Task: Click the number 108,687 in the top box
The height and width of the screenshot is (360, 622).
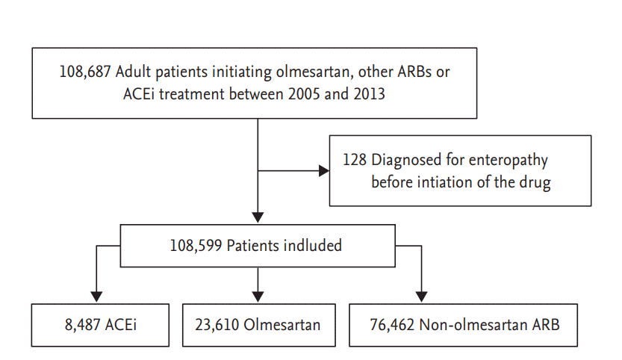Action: [x=85, y=72]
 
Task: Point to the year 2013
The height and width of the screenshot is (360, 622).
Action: [x=369, y=94]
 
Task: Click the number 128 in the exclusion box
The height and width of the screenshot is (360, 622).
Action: [x=355, y=160]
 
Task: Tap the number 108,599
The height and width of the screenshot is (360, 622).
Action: [x=196, y=246]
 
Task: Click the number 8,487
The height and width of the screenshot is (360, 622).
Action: [x=82, y=325]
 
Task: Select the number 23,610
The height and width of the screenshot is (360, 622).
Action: [x=217, y=325]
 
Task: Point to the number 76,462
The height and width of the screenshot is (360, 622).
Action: [x=392, y=325]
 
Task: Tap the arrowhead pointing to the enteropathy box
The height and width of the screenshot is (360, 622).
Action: [x=324, y=171]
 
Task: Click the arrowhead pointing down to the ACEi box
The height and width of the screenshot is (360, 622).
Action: [x=96, y=297]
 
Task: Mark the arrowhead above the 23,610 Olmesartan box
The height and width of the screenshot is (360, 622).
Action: [x=258, y=297]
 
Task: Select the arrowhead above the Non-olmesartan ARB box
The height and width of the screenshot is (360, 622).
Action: [x=421, y=297]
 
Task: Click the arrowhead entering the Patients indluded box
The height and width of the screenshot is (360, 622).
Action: [x=258, y=217]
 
